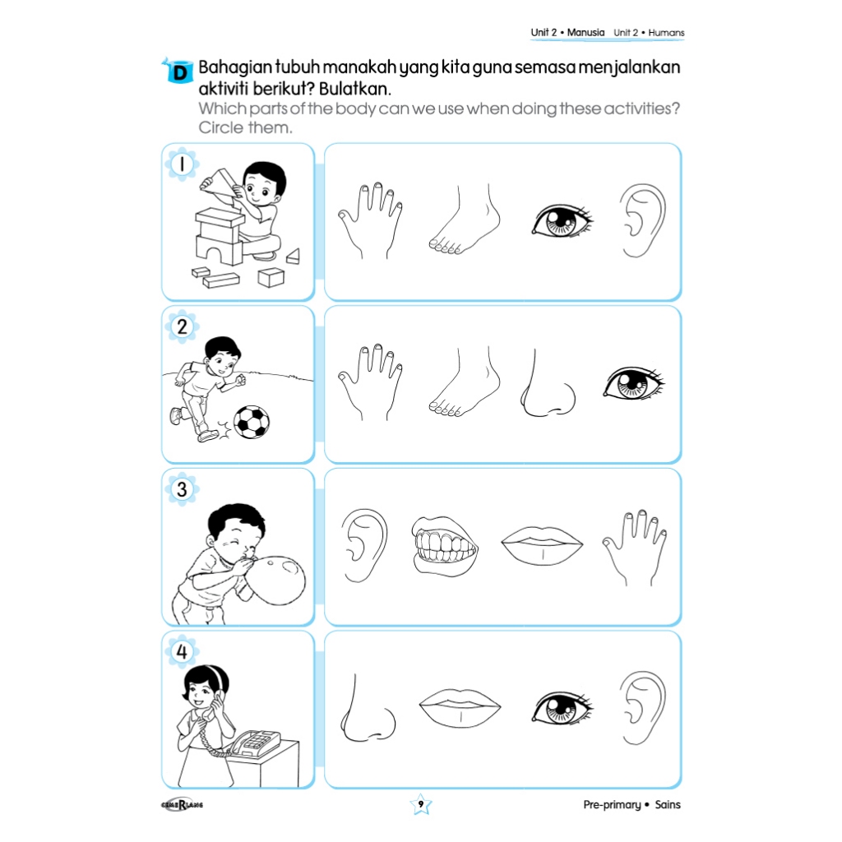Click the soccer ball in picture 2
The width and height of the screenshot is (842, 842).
(252, 422)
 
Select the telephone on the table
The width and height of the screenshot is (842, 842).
(255, 743)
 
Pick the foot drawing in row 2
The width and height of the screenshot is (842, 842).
(464, 382)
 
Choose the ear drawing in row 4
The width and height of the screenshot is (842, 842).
(642, 707)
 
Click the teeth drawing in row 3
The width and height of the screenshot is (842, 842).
(444, 546)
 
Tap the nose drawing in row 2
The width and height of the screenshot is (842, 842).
(547, 383)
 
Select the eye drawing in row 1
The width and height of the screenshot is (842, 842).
(562, 220)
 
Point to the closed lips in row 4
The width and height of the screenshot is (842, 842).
(460, 707)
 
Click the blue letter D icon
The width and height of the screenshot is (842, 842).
(178, 71)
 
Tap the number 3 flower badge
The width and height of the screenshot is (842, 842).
(182, 489)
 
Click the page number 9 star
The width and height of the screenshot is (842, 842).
(420, 804)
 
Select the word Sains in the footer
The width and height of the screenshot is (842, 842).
(668, 804)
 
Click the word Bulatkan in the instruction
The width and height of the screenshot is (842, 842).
(355, 88)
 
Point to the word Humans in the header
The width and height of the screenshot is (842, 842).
(666, 33)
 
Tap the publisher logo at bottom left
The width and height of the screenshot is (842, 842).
(182, 804)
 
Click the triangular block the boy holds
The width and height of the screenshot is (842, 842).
(220, 182)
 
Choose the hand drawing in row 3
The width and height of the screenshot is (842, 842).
(635, 547)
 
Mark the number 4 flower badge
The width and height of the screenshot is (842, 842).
(182, 651)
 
